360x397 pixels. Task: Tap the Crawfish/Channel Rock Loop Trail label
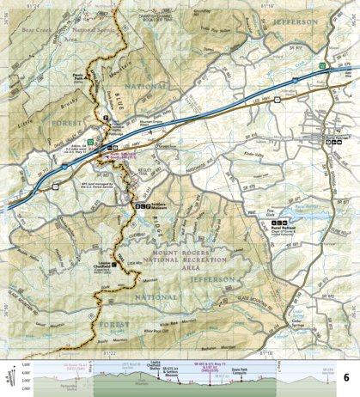[x=162, y=12]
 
